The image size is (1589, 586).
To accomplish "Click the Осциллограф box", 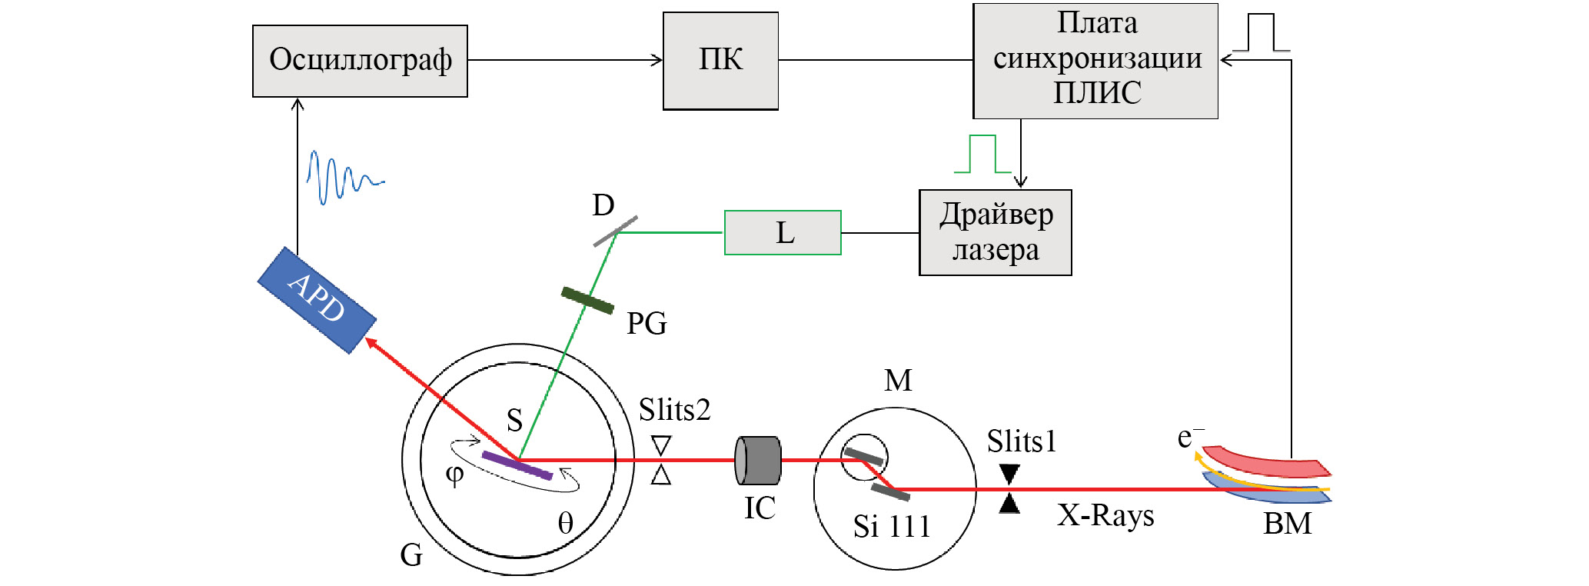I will coord(360,61).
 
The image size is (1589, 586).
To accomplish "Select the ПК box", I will coord(720,61).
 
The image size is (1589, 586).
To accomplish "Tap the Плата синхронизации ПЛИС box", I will coord(1095,61).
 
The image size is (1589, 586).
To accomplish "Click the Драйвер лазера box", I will coord(995,232).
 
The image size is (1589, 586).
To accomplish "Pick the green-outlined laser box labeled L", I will coord(783,232).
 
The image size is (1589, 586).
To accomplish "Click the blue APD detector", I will coord(317,300).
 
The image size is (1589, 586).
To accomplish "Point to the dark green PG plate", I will coord(587,301).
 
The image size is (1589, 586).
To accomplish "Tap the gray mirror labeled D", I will coord(615,231).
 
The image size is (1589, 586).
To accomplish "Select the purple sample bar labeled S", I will coord(517,465).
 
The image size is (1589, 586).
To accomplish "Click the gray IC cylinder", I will coord(758,461).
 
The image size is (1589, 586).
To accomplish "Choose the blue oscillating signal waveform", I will coord(342,178).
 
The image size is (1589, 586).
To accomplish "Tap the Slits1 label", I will coord(1022,441).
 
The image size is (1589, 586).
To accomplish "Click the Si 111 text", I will coord(892,527).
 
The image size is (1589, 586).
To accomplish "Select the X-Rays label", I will coord(1105,515).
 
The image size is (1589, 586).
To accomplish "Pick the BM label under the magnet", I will coord(1287,524).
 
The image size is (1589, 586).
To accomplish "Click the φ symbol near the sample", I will coord(455,474).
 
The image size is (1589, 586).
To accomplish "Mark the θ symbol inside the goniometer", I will coord(565,524).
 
